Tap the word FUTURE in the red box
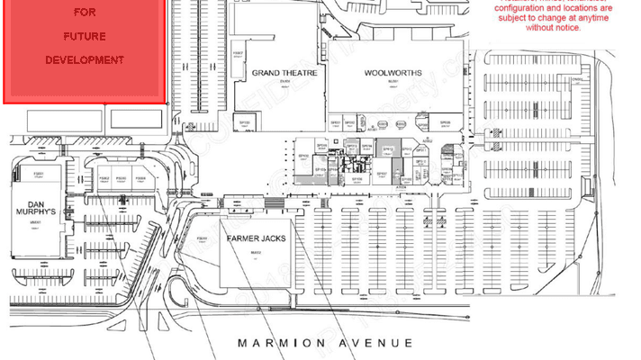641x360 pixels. [84, 37]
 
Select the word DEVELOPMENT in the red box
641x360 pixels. [84, 60]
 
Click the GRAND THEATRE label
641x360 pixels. [284, 72]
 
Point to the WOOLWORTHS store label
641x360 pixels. [393, 72]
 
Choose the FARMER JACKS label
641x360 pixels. [256, 238]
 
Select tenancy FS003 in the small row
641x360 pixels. [122, 178]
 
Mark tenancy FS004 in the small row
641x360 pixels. [141, 178]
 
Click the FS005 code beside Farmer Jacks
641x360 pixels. [202, 238]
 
